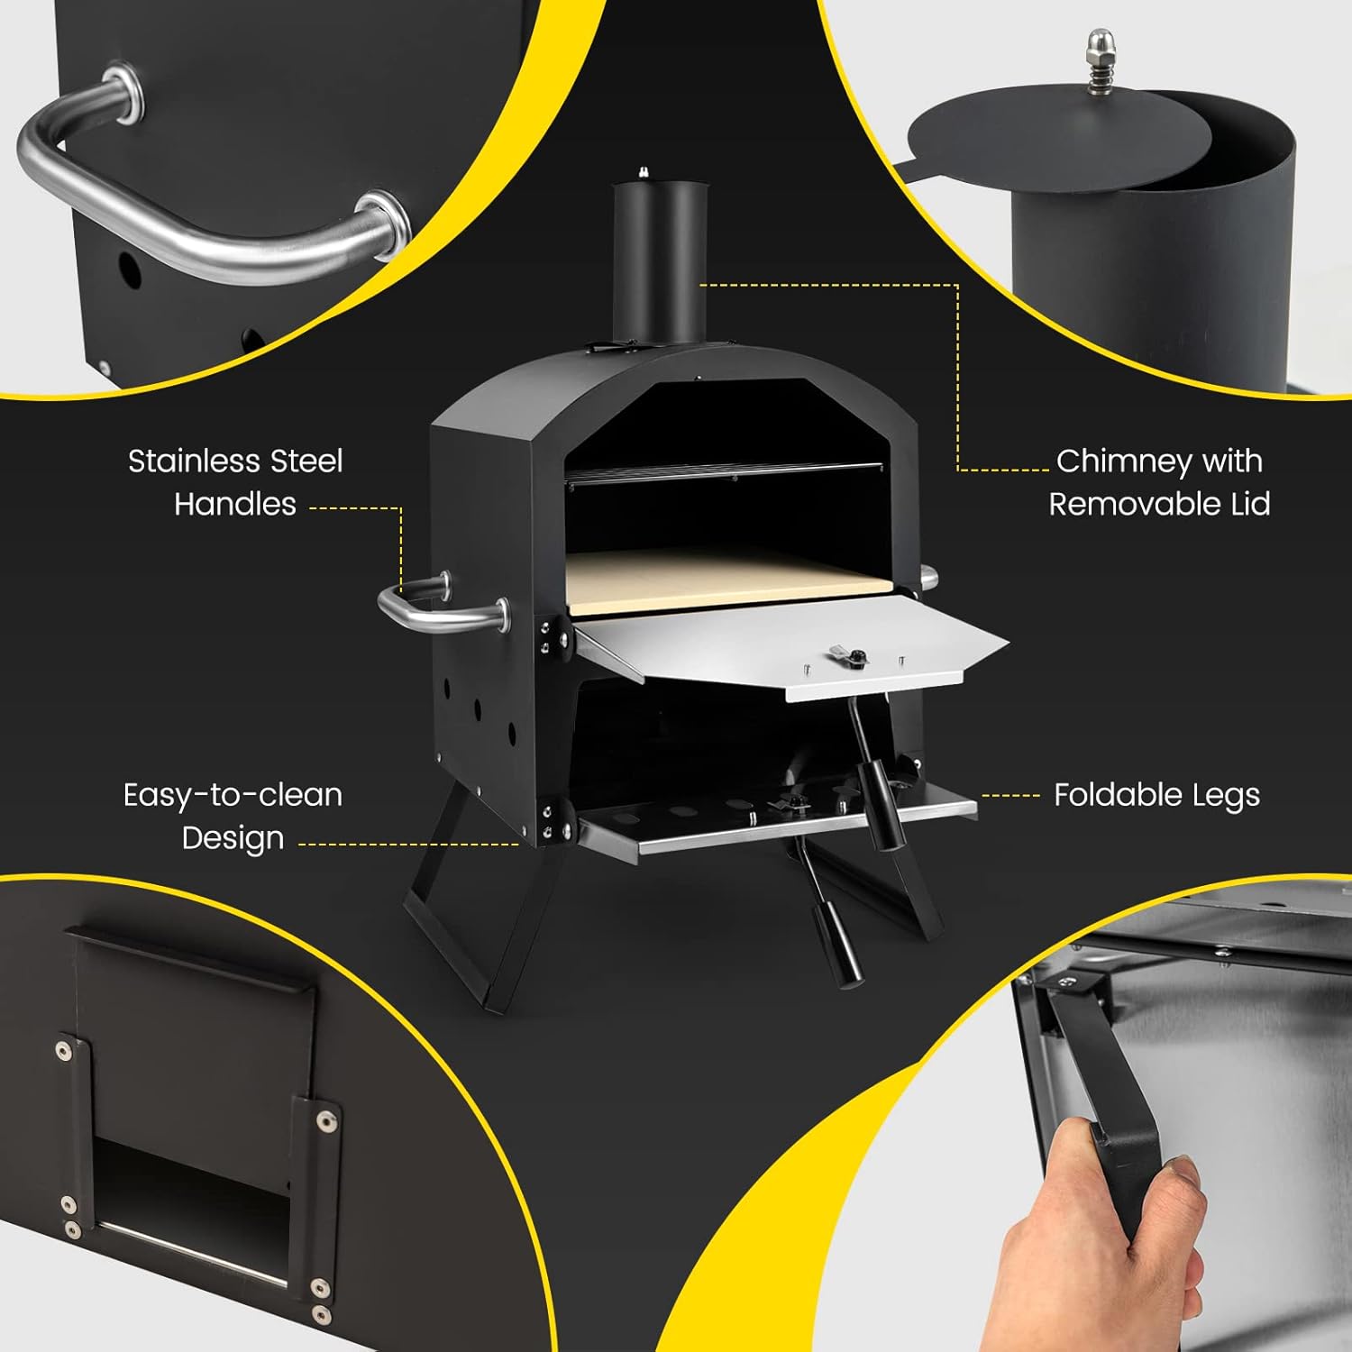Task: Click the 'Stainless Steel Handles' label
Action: coord(235,482)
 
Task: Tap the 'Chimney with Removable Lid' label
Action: coord(1159,482)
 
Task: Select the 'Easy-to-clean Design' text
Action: coord(233,816)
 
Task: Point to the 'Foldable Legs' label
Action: coord(1156,795)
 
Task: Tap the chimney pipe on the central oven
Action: coord(658,261)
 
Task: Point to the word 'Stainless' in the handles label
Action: coord(195,461)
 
